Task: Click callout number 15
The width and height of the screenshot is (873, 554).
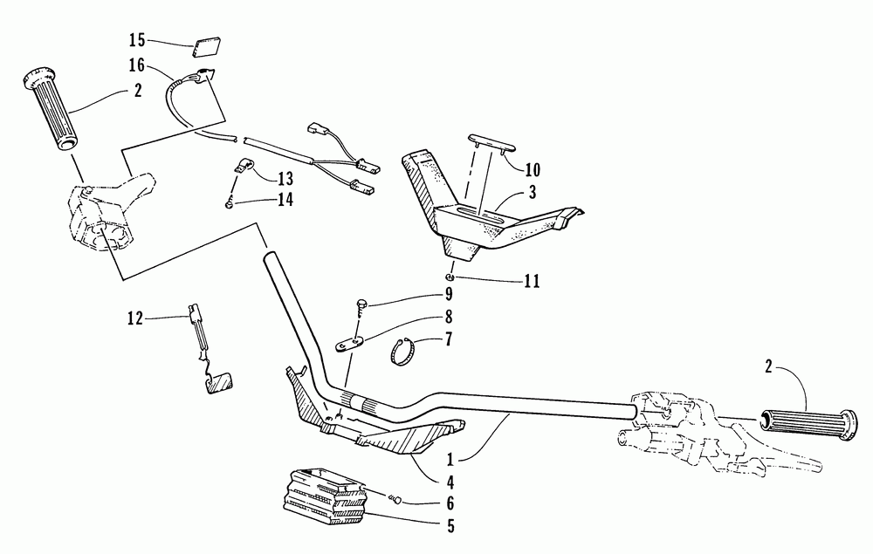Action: pos(135,40)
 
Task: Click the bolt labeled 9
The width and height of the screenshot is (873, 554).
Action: pos(361,303)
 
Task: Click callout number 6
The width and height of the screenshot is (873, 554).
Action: pos(450,503)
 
